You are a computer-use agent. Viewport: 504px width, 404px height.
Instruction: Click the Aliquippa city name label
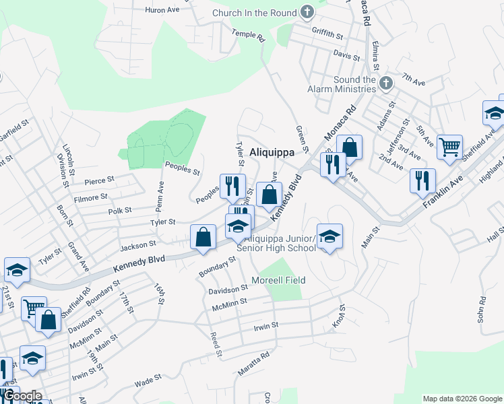pyautogui.click(x=272, y=152)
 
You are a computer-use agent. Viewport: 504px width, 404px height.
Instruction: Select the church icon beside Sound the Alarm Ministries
pyautogui.click(x=385, y=83)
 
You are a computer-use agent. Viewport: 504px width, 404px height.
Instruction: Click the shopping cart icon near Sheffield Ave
pyautogui.click(x=449, y=146)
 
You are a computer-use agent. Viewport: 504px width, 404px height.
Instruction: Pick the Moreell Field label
pyautogui.click(x=278, y=280)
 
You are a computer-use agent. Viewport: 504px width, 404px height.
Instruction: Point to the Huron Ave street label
pyautogui.click(x=163, y=10)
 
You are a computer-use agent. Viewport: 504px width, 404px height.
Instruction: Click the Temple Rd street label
pyautogui.click(x=249, y=36)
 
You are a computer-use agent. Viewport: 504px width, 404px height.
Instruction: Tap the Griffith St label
pyautogui.click(x=327, y=32)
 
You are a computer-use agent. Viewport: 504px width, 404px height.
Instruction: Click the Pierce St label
pyautogui.click(x=100, y=181)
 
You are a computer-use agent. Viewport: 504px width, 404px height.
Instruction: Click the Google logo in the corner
pyautogui.click(x=22, y=396)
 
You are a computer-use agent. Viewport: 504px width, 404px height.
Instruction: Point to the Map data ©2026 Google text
pyautogui.click(x=462, y=399)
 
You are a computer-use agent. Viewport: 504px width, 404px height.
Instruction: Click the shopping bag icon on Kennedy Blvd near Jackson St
pyautogui.click(x=203, y=237)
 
